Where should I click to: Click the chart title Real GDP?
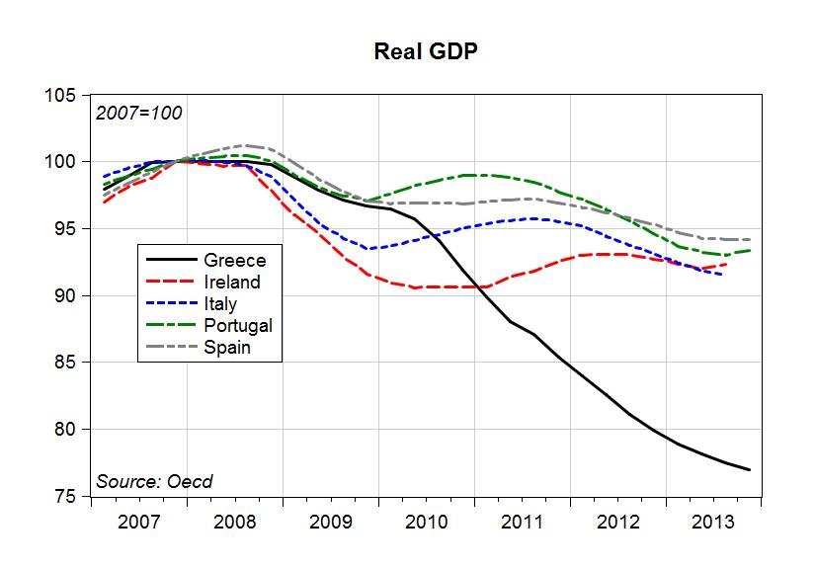[x=426, y=51]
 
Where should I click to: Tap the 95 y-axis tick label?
[x=66, y=229]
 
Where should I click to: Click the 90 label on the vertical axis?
[x=66, y=296]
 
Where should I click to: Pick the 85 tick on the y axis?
[x=66, y=364]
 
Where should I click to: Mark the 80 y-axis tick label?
[x=66, y=430]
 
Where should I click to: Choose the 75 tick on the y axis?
[x=66, y=497]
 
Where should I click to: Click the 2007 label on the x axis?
[x=139, y=522]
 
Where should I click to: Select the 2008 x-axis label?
[x=235, y=522]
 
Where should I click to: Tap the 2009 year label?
[x=331, y=522]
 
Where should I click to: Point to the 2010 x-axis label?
[x=427, y=522]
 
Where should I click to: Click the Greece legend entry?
[x=234, y=261]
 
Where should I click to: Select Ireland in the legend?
[x=232, y=283]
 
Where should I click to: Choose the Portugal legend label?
[x=237, y=325]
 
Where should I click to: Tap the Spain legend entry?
[x=227, y=347]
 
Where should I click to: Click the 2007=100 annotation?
[x=138, y=113]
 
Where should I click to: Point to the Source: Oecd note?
[x=154, y=482]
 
